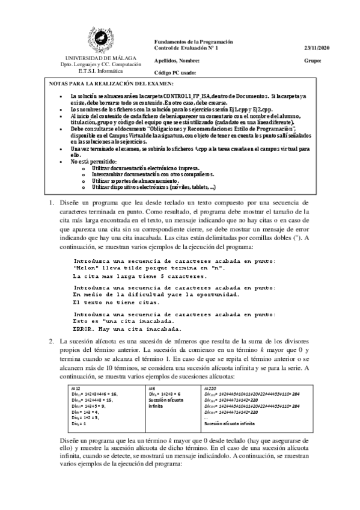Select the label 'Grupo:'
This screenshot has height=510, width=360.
point(313,61)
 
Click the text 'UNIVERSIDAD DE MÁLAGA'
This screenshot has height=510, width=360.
point(100,57)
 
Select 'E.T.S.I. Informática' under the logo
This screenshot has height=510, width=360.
point(100,70)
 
